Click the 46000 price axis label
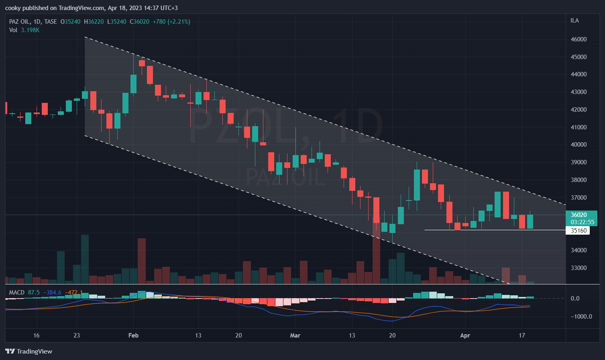pyautogui.click(x=579, y=39)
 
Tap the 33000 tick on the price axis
pyautogui.click(x=579, y=268)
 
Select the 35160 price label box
pyautogui.click(x=579, y=231)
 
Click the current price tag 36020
pyautogui.click(x=579, y=215)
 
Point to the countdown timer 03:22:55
pyautogui.click(x=582, y=222)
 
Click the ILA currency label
pyautogui.click(x=574, y=20)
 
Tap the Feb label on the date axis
pyautogui.click(x=133, y=335)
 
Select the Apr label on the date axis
pyautogui.click(x=465, y=335)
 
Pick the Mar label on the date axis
pyautogui.click(x=295, y=335)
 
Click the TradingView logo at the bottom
pyautogui.click(x=29, y=352)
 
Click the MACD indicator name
pyautogui.click(x=16, y=292)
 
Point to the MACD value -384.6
pyautogui.click(x=52, y=292)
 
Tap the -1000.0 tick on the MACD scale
pyautogui.click(x=581, y=317)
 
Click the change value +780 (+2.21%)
pyautogui.click(x=172, y=22)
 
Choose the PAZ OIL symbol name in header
pyautogui.click(x=19, y=22)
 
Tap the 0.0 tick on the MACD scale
pyautogui.click(x=575, y=299)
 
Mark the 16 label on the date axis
pyautogui.click(x=37, y=335)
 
